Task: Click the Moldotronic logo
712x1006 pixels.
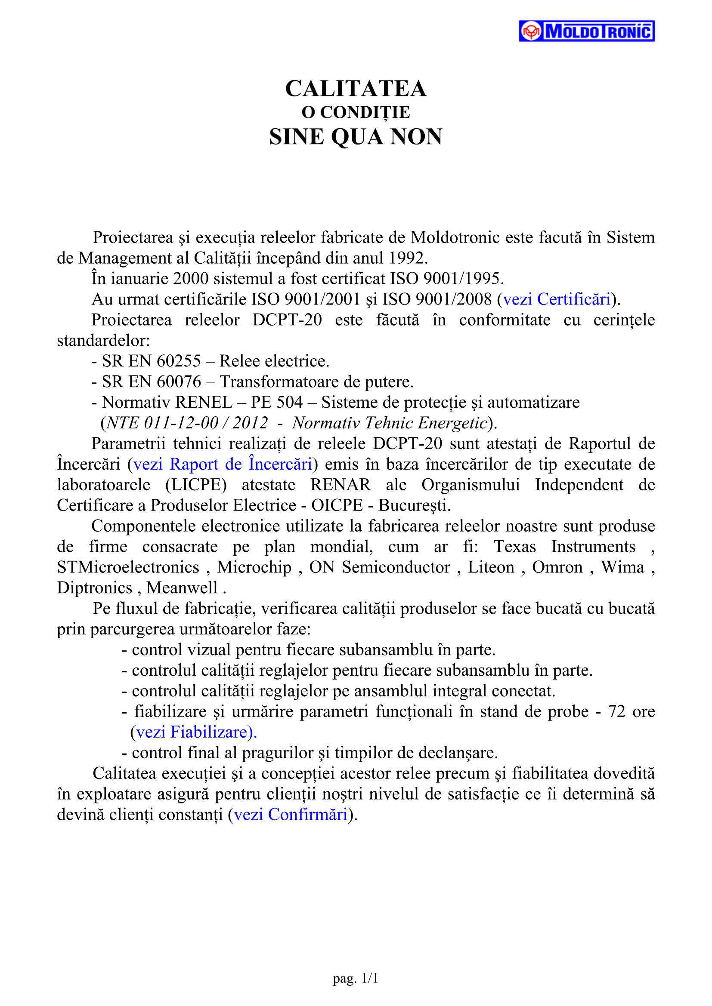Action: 587,31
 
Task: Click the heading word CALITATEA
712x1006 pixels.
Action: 356,89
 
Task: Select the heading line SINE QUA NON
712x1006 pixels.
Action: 356,137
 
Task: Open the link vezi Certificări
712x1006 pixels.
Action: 557,299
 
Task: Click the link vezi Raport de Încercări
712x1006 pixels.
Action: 223,464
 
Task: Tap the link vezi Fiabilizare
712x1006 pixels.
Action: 193,732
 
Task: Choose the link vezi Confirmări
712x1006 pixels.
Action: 291,815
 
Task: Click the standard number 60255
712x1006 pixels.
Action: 179,361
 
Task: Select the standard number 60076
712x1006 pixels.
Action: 179,381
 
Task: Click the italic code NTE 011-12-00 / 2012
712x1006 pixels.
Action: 187,423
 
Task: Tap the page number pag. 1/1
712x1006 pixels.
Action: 356,978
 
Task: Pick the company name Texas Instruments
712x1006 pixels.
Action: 565,546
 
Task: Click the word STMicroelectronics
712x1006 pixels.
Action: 128,567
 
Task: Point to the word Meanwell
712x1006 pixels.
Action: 182,588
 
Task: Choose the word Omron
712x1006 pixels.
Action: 557,567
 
